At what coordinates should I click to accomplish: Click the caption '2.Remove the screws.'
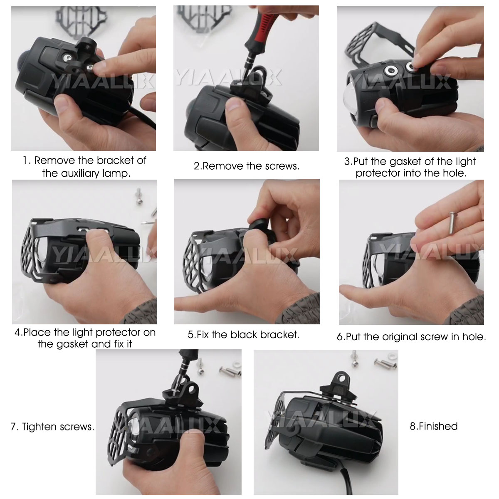tap(246, 166)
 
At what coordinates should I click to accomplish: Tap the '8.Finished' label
tap(433, 426)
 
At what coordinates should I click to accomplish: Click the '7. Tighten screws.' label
tap(52, 427)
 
